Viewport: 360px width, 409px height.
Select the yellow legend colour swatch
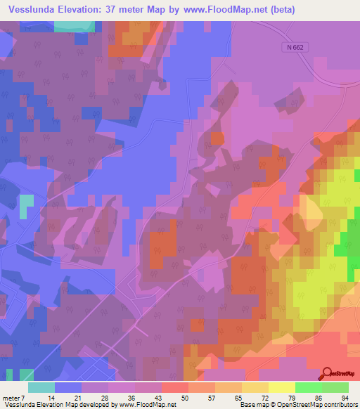pyautogui.click(x=282, y=387)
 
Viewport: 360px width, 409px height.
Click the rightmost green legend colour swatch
pyautogui.click(x=335, y=387)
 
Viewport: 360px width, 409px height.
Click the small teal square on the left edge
pyautogui.click(x=26, y=204)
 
